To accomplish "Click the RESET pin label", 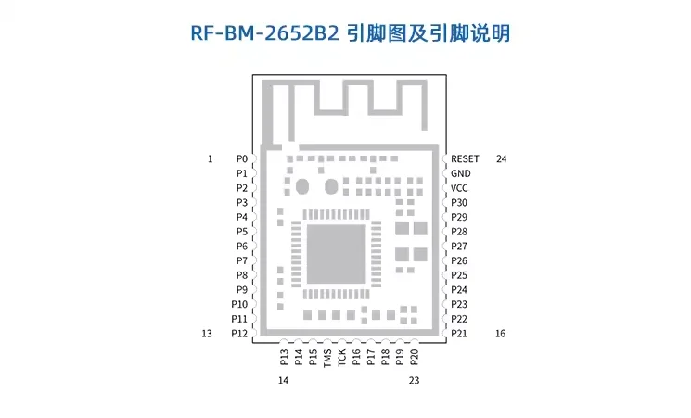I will [465, 159].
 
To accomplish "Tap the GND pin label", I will [461, 173].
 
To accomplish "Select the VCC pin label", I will [460, 188].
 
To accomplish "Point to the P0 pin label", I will [242, 159].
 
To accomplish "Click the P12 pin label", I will [239, 334].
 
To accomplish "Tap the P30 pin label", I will [459, 203].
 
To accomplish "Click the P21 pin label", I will [459, 334].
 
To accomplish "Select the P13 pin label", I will [284, 357].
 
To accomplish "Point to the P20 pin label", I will [414, 357].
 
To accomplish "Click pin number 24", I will [502, 159].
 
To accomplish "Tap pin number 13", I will [207, 334].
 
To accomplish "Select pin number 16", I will [502, 334].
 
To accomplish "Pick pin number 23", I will [414, 380].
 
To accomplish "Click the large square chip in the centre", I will [335, 253].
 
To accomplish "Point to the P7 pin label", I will [242, 261].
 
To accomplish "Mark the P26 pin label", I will [459, 261].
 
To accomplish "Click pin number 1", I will [210, 159].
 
